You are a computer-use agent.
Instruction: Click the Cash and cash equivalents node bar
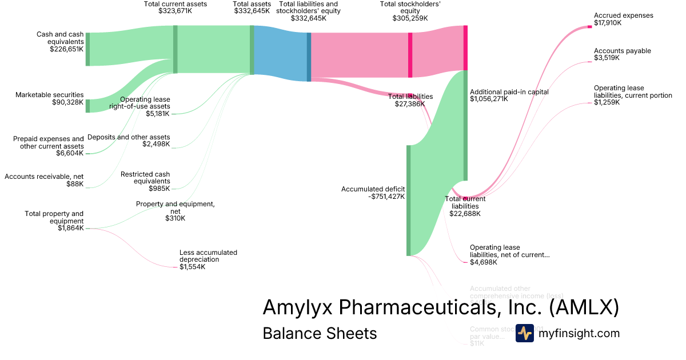tap(87, 49)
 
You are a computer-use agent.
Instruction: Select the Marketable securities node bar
tap(87, 106)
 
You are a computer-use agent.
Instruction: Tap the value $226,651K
tap(66, 49)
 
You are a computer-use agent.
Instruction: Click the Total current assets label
tap(175, 4)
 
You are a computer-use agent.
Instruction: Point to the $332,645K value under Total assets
tap(252, 11)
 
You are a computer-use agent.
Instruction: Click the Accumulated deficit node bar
tap(408, 200)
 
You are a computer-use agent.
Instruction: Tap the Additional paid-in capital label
tap(509, 92)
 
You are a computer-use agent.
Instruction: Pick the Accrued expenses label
tap(623, 15)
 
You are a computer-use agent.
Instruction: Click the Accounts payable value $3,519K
tap(607, 58)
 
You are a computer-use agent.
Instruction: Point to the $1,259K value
tap(607, 103)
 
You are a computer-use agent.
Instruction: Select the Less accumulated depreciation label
tap(208, 255)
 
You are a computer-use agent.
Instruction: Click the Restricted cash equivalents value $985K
tap(159, 189)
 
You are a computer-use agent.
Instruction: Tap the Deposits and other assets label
tap(129, 137)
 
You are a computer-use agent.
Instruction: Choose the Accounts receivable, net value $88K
tap(74, 184)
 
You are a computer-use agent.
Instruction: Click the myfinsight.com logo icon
tap(525, 333)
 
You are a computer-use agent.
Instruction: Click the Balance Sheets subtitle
tap(320, 333)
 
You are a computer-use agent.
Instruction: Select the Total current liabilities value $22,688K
tap(465, 214)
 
